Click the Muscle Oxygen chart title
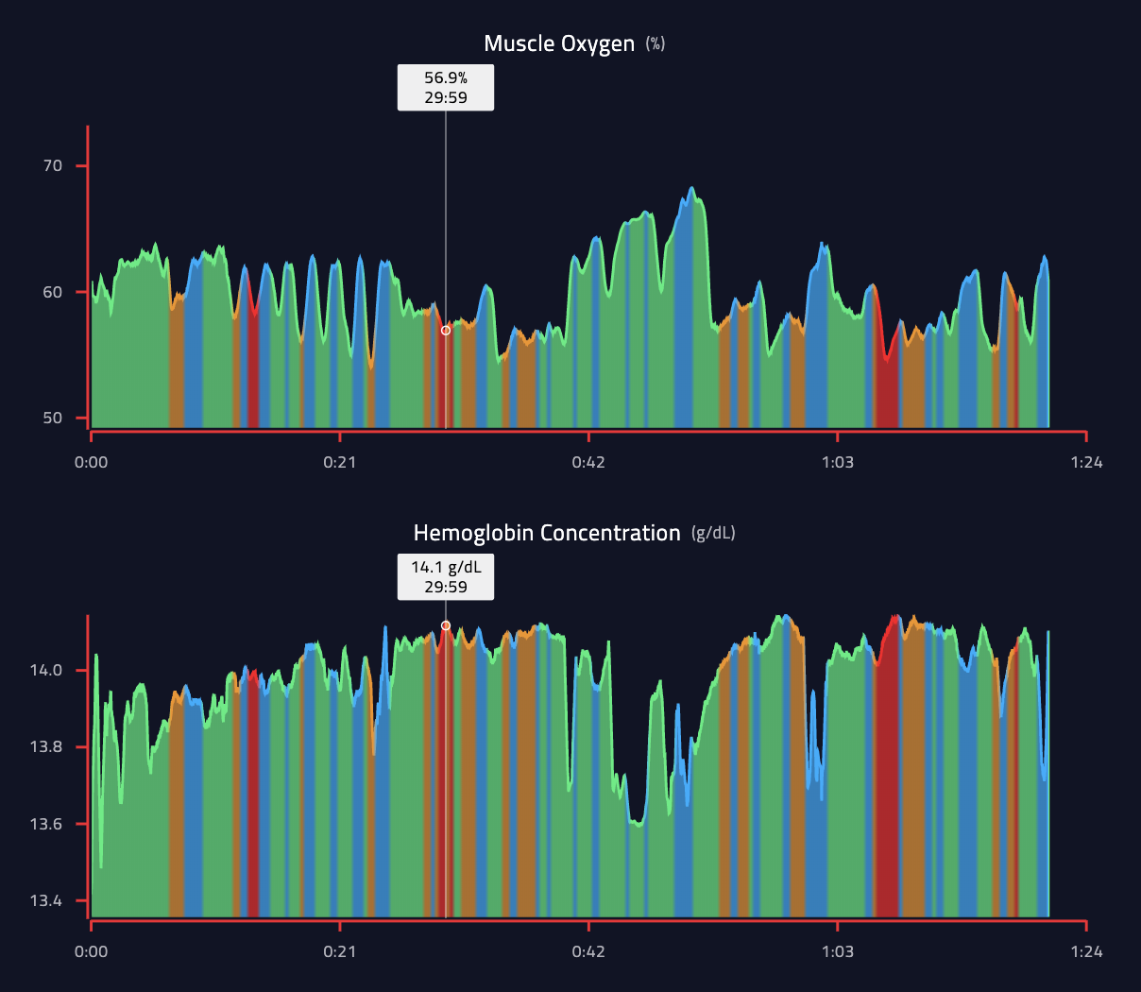(559, 43)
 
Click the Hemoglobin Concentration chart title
(547, 533)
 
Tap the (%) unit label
(656, 43)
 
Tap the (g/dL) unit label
(713, 533)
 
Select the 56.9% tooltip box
(446, 88)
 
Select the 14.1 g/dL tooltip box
(446, 577)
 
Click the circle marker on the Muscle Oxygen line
(446, 331)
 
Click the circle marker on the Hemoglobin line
(446, 625)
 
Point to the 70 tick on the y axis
(53, 166)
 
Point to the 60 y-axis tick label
(53, 292)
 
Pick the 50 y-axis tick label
(53, 419)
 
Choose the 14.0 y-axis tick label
(46, 671)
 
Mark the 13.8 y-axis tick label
(46, 747)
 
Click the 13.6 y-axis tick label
(46, 824)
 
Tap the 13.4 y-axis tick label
(46, 901)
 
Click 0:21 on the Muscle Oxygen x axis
(340, 462)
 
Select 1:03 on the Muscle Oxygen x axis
(838, 462)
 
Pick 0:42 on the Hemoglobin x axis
(588, 951)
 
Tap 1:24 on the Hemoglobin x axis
(1086, 951)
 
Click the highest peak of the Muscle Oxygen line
(691, 188)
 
